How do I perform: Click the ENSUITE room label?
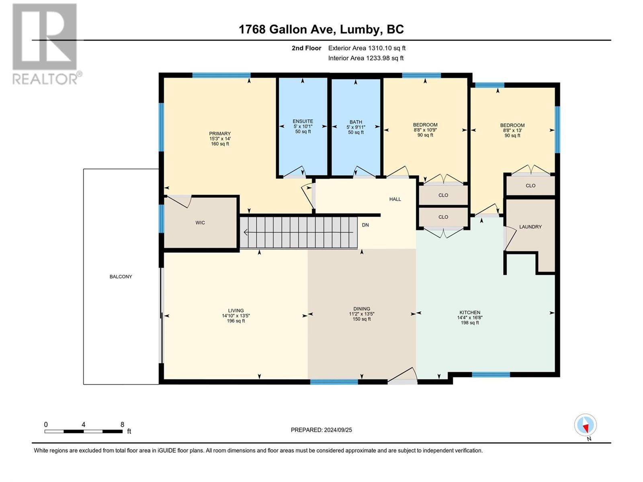303,121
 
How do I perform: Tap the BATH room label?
356,122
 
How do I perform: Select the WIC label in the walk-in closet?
200,223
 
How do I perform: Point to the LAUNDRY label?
530,227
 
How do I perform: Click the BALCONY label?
121,277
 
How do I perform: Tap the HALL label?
395,199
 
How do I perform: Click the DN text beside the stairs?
365,225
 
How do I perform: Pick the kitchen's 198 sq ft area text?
469,323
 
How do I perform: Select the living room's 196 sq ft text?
236,321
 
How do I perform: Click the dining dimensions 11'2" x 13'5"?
361,314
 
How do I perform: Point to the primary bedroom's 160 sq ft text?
220,144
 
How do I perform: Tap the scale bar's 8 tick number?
122,424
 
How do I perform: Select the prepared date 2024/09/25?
338,430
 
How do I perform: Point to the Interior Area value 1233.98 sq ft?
385,58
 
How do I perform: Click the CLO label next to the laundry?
530,186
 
